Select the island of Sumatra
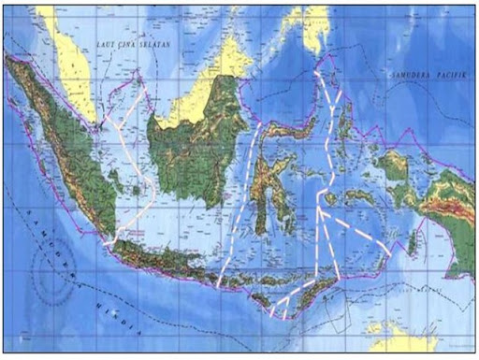click(x=65, y=150)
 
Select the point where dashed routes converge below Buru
click(x=319, y=211)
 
